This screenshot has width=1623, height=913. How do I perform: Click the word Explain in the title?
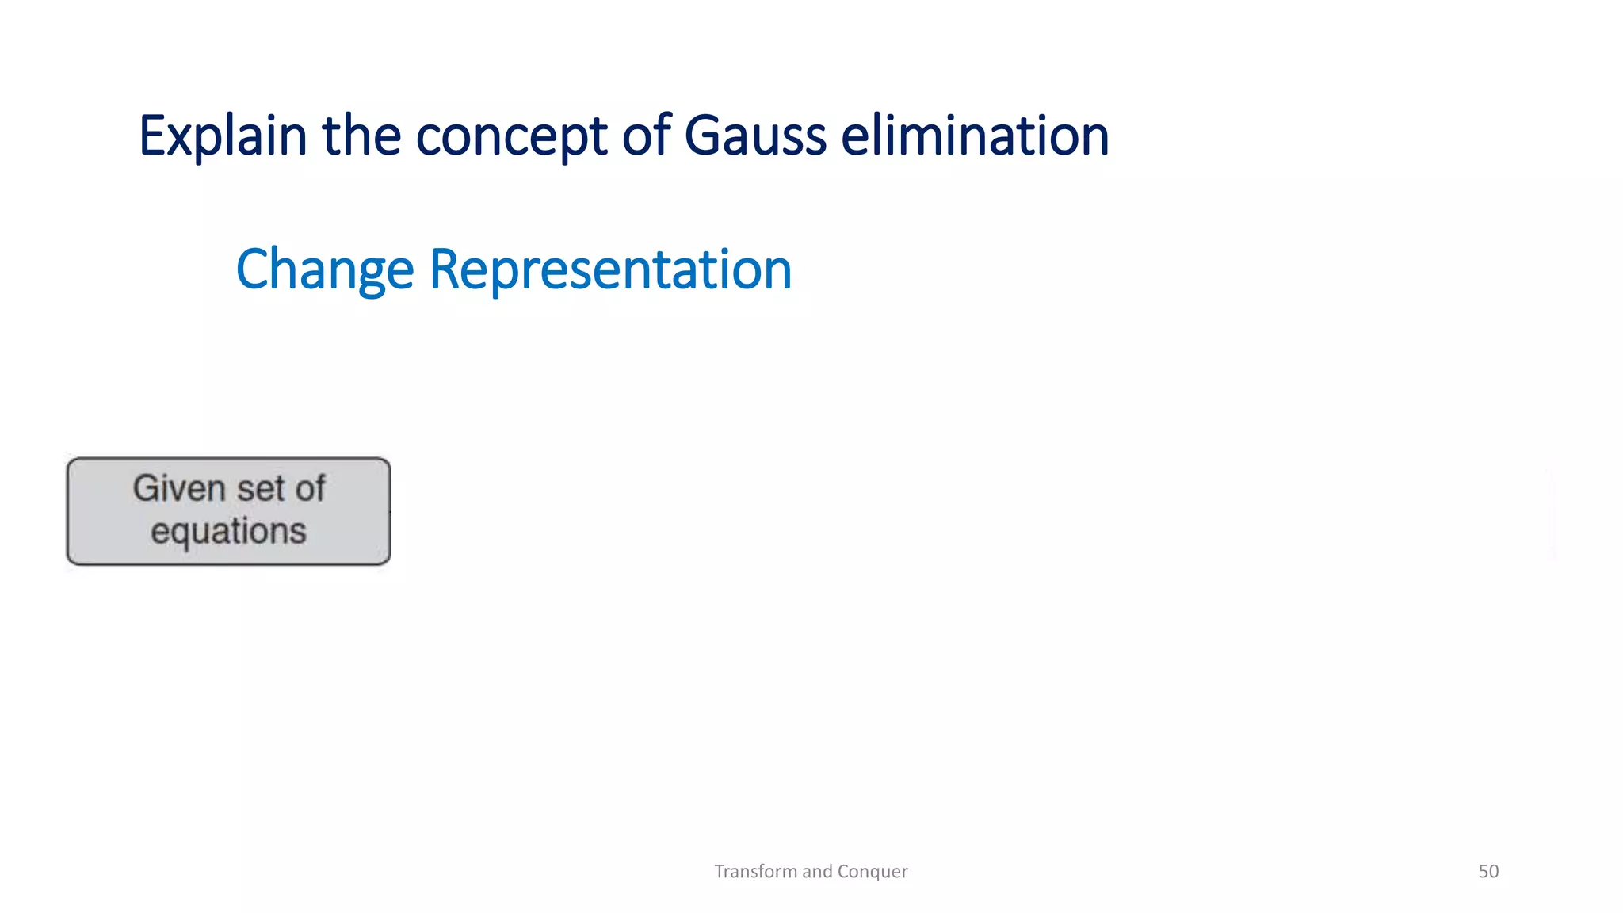tap(222, 136)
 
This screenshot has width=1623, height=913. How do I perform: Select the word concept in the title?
tap(512, 136)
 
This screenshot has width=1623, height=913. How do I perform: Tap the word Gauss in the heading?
tap(754, 136)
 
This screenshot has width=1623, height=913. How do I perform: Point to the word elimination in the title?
tap(974, 136)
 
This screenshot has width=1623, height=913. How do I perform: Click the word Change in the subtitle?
tap(324, 270)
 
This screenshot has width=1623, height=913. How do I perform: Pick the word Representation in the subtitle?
tap(610, 270)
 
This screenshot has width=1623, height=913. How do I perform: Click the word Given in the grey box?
tap(179, 488)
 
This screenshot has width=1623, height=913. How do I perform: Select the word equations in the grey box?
tap(228, 531)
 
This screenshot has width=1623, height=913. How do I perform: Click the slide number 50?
tap(1488, 871)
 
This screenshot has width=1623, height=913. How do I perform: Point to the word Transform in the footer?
tap(755, 871)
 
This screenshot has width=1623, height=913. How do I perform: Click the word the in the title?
tap(361, 136)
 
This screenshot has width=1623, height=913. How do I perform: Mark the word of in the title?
tap(646, 136)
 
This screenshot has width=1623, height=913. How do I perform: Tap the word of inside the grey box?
tap(310, 488)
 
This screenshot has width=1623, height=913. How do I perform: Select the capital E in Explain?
tap(151, 136)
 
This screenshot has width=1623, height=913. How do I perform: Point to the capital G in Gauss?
tap(701, 136)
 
